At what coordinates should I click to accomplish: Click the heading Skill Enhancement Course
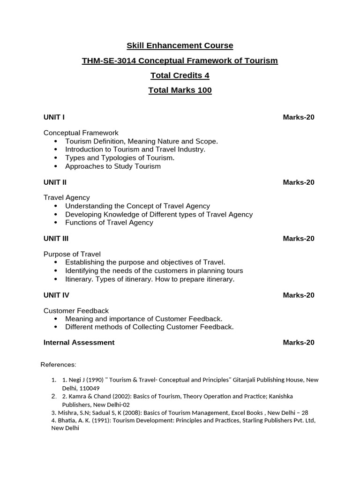point(180,45)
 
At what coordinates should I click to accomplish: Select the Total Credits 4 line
point(180,75)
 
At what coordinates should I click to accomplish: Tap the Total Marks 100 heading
point(180,90)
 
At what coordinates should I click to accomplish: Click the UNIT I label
point(54,117)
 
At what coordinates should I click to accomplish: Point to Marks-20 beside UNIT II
point(298,182)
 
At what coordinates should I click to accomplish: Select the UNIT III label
point(56,239)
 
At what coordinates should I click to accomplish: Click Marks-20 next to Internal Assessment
point(298,343)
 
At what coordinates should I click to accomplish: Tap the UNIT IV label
point(56,295)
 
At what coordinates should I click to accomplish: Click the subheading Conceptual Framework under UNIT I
point(81,133)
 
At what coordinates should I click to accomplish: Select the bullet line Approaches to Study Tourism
point(112,166)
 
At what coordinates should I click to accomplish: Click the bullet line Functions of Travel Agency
point(109,223)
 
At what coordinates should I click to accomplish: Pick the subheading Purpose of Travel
point(72,254)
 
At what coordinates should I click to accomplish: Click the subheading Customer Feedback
point(76,311)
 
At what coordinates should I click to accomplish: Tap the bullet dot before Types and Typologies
point(56,158)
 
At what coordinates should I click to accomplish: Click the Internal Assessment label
point(79,343)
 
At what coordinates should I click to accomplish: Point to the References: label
point(58,365)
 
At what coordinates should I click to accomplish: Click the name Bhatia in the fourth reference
point(65,420)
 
